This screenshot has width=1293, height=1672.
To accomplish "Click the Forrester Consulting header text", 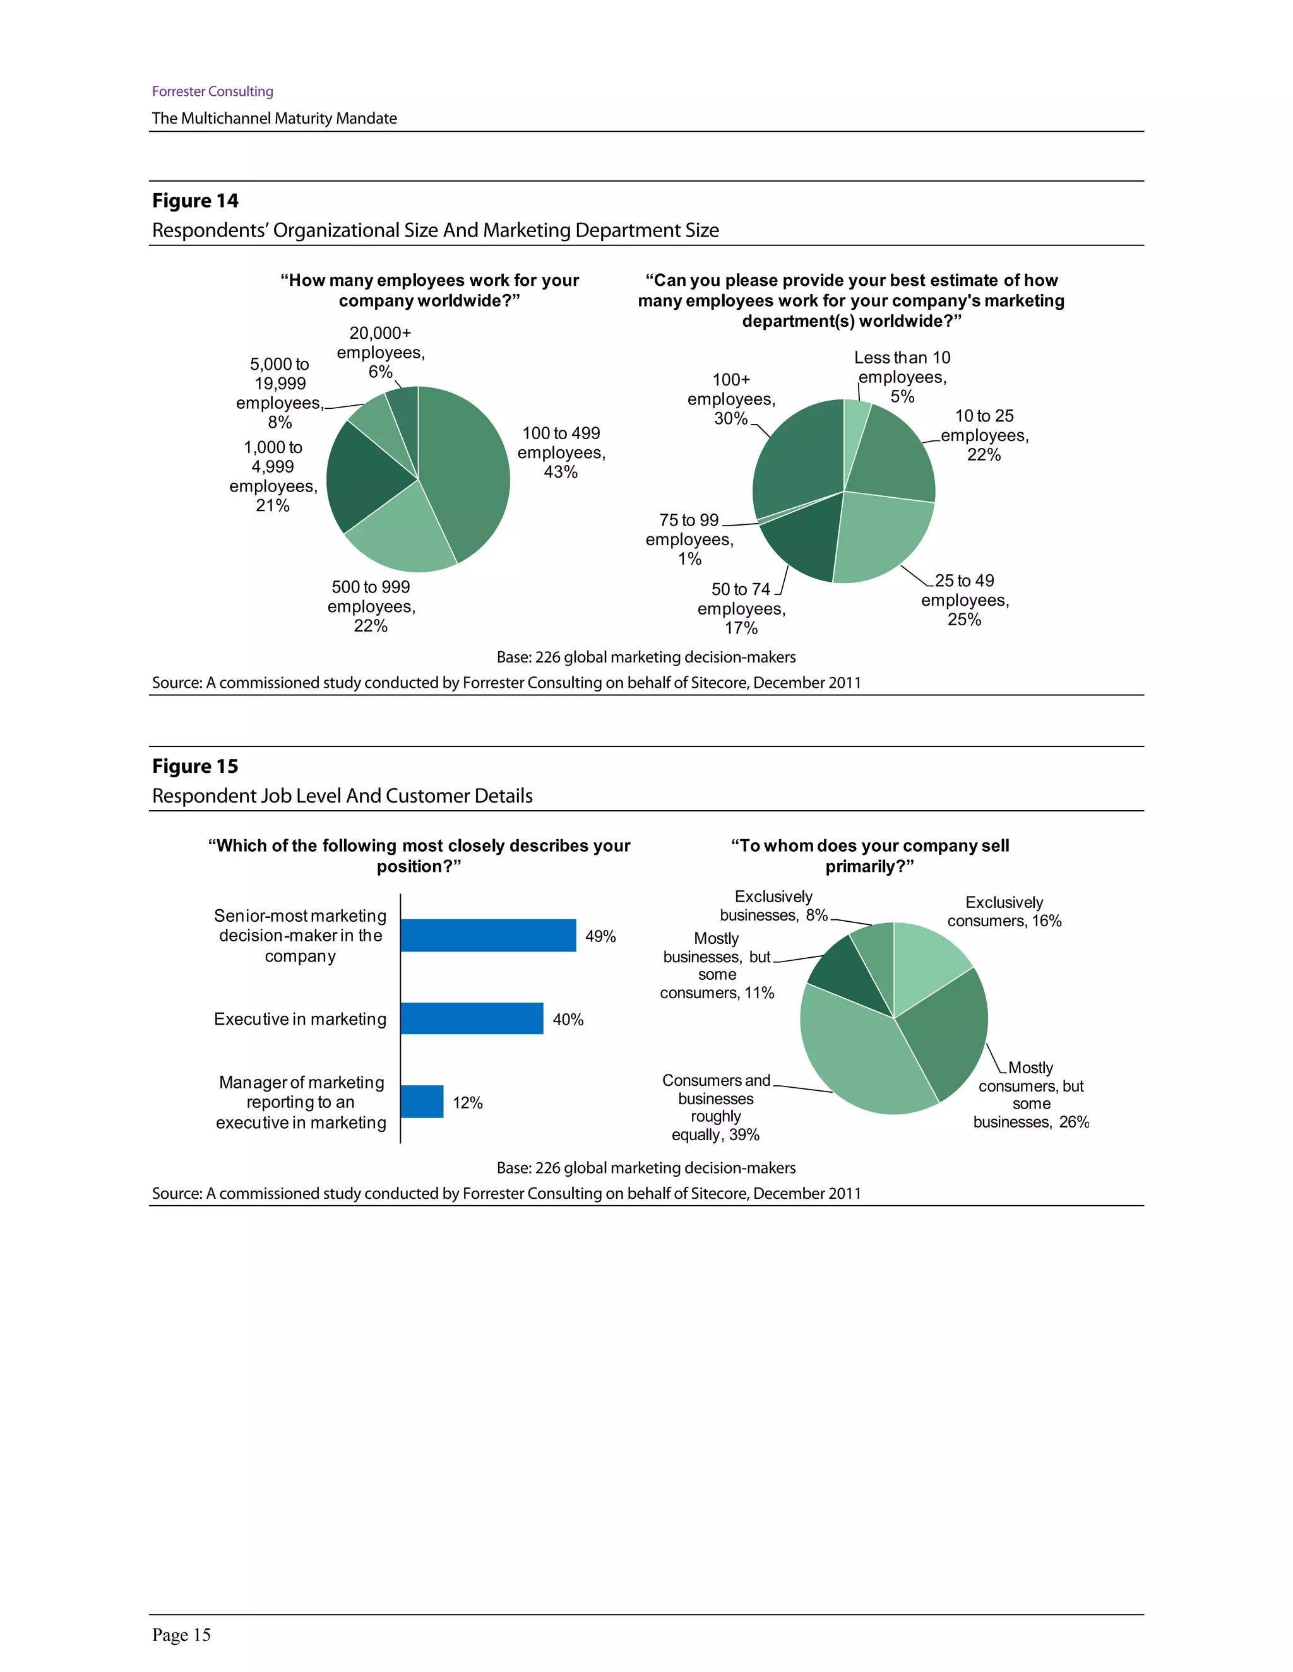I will [x=212, y=91].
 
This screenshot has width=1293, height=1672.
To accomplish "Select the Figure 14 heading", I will [x=195, y=201].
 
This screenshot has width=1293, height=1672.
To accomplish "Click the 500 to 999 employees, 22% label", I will [x=371, y=606].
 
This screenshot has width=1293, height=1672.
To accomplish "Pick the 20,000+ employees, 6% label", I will [x=381, y=352].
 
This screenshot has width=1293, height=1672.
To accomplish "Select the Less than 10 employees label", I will [x=902, y=377].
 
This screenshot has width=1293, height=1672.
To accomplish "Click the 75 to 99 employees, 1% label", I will [x=689, y=539].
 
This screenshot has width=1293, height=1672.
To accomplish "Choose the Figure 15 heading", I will [x=195, y=767].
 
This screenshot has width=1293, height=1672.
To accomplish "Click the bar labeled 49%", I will [x=488, y=936].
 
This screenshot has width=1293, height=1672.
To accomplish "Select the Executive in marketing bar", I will [x=471, y=1018].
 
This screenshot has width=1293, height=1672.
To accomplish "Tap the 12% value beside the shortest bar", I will [x=467, y=1102].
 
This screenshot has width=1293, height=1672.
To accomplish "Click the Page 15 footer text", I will [x=182, y=1635].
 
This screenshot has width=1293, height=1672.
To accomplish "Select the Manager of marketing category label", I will [x=301, y=1102].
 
